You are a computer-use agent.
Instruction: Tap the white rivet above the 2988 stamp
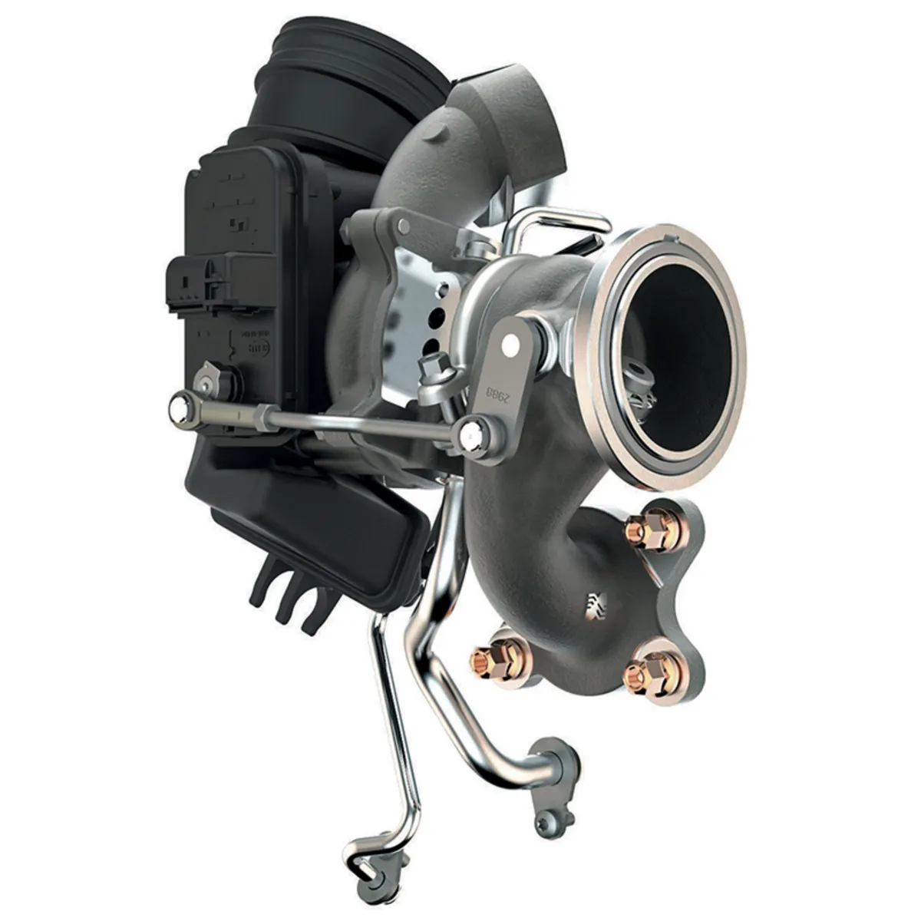507,347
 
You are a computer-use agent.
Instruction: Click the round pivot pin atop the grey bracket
403,227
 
